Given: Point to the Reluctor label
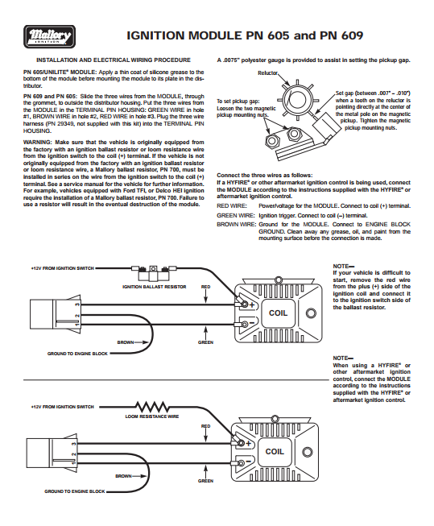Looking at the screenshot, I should point(267,72).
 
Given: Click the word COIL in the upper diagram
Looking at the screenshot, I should point(278,313).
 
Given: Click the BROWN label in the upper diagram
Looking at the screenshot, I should point(125,342).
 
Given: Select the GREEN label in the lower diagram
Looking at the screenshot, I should point(206,480).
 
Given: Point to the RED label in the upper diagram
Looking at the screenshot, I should point(206,286).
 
